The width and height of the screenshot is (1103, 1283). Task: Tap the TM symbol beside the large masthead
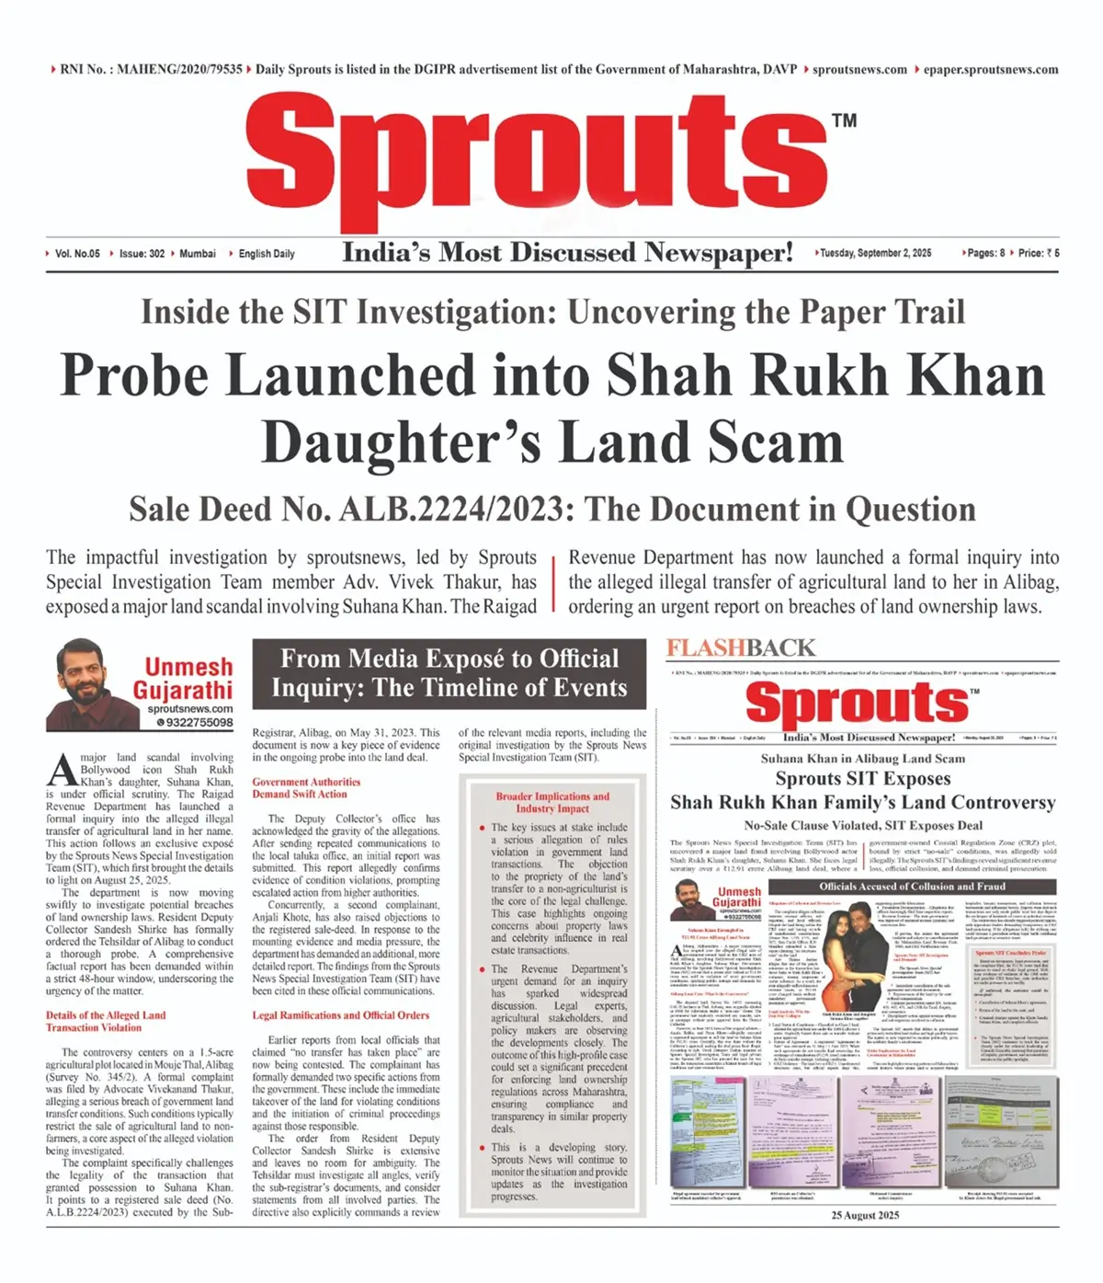coord(844,120)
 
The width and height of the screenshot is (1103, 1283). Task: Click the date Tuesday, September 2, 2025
coord(875,253)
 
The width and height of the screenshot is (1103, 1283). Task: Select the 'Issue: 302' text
coord(142,254)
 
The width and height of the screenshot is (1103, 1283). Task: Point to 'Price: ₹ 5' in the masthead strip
coord(1039,253)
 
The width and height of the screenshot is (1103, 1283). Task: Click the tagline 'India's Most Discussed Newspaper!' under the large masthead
coord(567,253)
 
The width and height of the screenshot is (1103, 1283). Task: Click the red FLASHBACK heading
coord(741,648)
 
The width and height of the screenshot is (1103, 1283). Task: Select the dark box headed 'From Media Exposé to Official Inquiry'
coord(449,674)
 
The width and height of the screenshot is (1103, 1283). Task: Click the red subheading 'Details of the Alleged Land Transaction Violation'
coord(106,1021)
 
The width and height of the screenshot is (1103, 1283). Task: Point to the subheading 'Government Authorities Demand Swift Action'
coord(306,788)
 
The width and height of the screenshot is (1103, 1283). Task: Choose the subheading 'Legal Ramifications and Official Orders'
coord(340,1015)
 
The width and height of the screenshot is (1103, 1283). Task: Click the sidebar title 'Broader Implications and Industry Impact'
coord(552,802)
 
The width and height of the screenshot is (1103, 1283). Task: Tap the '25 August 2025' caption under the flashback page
coord(865,1215)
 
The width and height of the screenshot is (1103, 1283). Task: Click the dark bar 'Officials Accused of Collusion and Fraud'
coord(913,887)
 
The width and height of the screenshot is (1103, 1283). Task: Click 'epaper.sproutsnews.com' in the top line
coord(991,70)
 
